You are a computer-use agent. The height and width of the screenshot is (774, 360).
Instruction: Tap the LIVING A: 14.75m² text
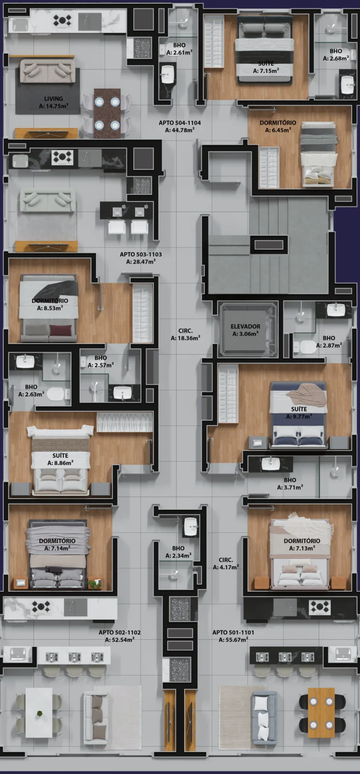point(54,102)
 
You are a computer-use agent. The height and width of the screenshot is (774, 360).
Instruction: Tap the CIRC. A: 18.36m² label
point(185,334)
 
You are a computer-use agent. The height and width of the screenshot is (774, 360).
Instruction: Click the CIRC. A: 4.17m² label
point(226,563)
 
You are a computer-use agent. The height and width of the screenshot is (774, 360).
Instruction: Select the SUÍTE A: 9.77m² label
point(299,413)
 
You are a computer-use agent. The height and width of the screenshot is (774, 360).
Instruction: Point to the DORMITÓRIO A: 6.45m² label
point(278,126)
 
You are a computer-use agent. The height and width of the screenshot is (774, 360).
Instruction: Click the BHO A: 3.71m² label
point(290,483)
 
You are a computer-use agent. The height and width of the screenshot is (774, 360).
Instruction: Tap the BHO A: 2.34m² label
point(178,552)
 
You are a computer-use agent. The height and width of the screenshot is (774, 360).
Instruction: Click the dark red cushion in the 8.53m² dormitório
point(60,330)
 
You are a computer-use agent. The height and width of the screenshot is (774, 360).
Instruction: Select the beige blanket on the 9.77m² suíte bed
point(306,394)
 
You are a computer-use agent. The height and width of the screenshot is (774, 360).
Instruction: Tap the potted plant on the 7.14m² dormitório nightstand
point(94,583)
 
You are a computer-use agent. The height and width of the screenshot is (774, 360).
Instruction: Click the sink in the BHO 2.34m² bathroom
point(191,527)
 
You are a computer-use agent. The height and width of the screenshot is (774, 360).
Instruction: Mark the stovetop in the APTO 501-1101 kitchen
point(320,607)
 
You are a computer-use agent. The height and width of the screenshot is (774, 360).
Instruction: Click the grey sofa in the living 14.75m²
point(47,71)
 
